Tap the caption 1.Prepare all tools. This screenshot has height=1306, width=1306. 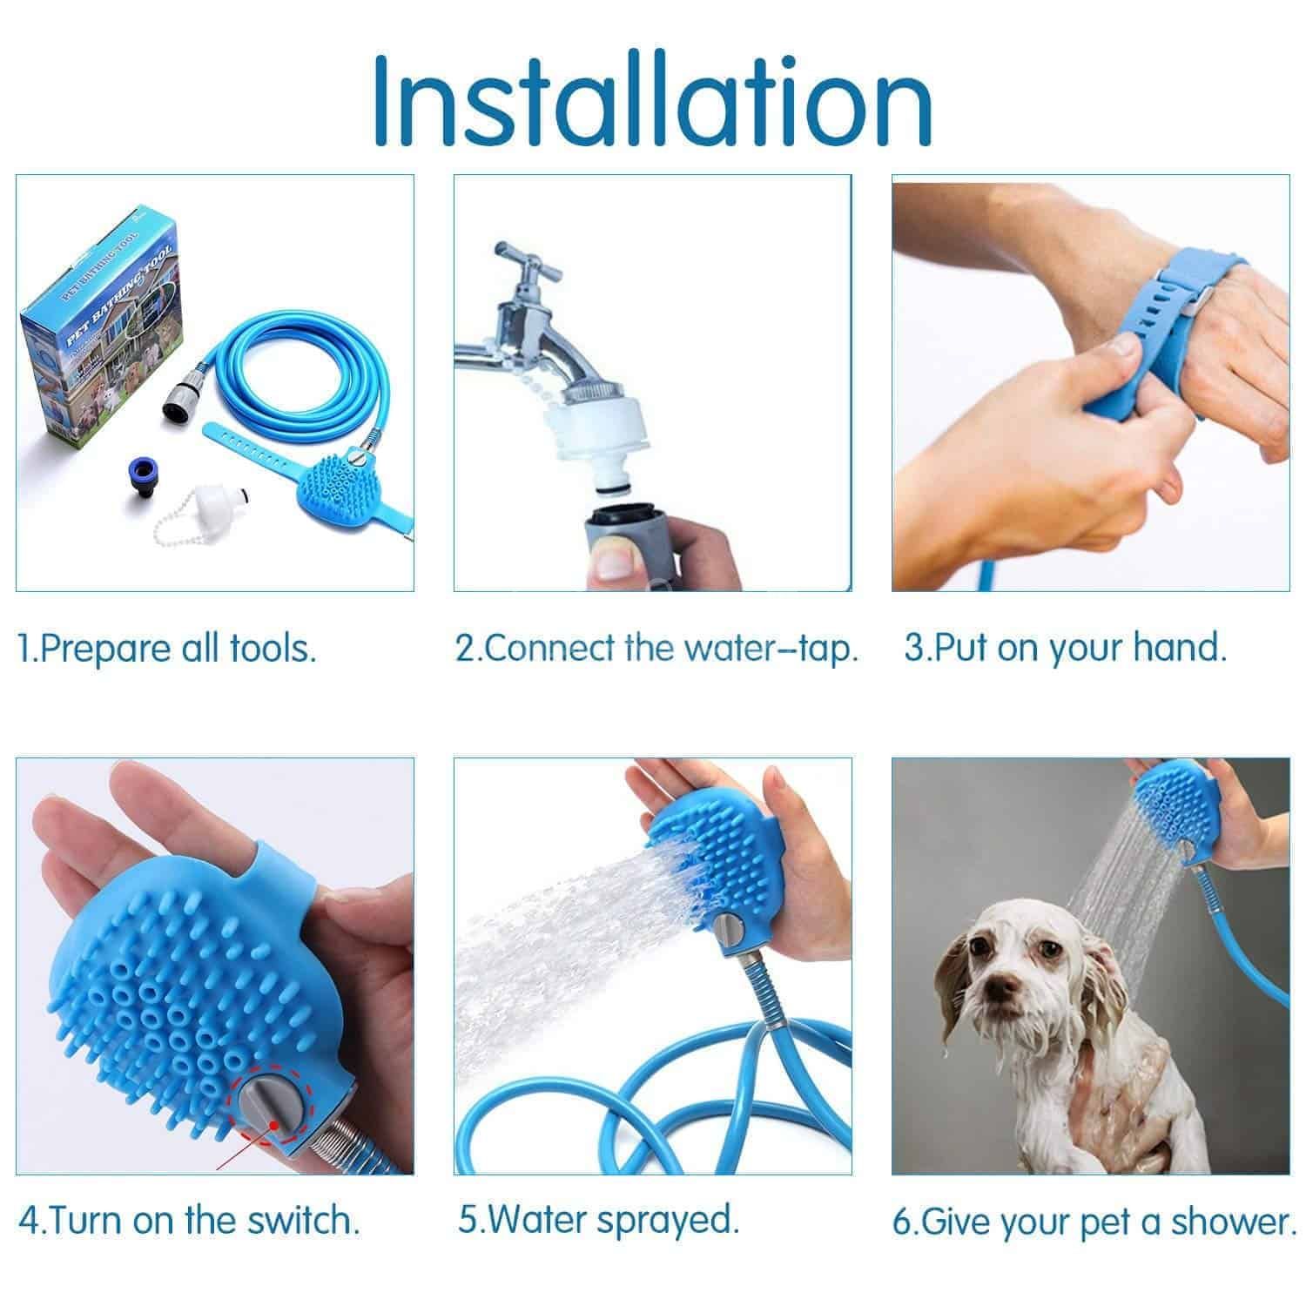point(167,649)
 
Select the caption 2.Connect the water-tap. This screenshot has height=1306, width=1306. point(657,649)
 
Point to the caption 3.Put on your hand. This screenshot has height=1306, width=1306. point(1066,649)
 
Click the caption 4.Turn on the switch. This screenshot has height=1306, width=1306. point(188,1221)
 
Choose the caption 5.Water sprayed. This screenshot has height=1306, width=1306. point(598,1219)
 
